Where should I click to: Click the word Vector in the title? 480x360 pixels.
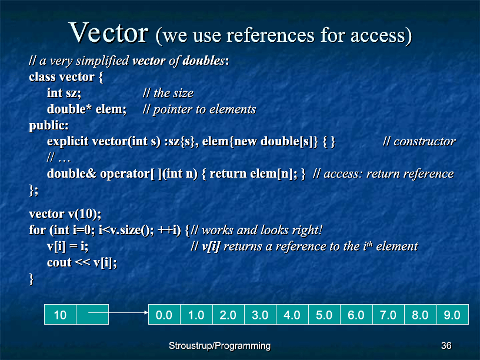click(x=109, y=32)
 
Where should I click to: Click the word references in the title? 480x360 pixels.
click(x=270, y=35)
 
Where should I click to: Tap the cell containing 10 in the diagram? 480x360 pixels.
click(x=61, y=314)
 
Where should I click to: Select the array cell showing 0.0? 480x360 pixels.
click(x=164, y=314)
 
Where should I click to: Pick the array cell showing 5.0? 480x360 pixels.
click(x=324, y=314)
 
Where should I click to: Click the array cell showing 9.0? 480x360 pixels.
click(x=452, y=314)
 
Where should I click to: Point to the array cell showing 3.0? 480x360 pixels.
click(x=260, y=314)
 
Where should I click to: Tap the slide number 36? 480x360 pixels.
click(x=446, y=345)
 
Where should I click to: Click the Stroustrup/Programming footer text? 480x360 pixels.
click(x=220, y=346)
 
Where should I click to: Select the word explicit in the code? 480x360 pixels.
click(x=68, y=141)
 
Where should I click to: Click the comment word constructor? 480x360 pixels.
click(x=425, y=141)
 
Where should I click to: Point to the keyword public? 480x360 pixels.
click(x=49, y=125)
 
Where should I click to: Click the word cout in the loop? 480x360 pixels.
click(x=59, y=263)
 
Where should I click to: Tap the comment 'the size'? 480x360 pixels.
click(x=174, y=93)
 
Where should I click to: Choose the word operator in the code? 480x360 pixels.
click(x=125, y=174)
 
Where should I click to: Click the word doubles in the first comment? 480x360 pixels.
click(x=204, y=61)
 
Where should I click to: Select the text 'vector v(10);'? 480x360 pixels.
click(x=65, y=214)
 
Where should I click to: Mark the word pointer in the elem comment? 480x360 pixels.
click(x=173, y=109)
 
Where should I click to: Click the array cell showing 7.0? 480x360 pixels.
click(x=388, y=314)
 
